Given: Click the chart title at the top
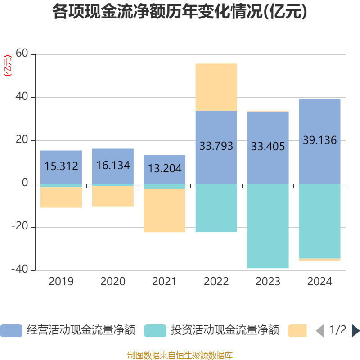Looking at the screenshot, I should point(180,12).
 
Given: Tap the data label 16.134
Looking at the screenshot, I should point(113,166).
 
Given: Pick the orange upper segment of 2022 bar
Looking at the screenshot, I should point(216,87).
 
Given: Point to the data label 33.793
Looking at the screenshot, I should point(216,146).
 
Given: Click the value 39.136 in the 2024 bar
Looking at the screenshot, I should point(319,140).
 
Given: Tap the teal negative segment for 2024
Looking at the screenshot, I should point(319,221).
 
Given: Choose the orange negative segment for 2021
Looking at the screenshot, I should point(164,211).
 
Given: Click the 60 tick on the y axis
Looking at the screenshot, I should point(22,54).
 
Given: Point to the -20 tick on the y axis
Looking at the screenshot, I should point(20,227).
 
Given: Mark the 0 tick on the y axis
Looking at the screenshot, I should point(25,184).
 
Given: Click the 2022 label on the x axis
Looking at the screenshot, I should point(216,282).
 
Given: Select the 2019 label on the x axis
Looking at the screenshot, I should point(61,282).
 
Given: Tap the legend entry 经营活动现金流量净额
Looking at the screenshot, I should point(81,331).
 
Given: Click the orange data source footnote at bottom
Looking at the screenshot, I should point(180,355).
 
